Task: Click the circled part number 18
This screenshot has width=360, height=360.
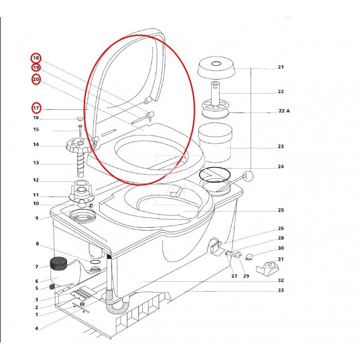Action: coord(36,58)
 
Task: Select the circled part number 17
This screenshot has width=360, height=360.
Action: coord(36,108)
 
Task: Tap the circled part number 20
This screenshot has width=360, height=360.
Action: coord(36,80)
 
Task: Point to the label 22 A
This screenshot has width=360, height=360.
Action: coord(284,111)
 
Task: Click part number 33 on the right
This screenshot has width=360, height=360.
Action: coord(281,290)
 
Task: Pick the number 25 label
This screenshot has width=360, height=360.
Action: coord(281,210)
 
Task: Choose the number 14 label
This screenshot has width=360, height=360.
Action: coord(36,145)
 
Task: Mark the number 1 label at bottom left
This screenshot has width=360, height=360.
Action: coord(36,315)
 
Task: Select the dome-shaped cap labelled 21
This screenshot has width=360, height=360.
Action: coord(218,68)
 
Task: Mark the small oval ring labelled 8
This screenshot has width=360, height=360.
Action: coord(95,261)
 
